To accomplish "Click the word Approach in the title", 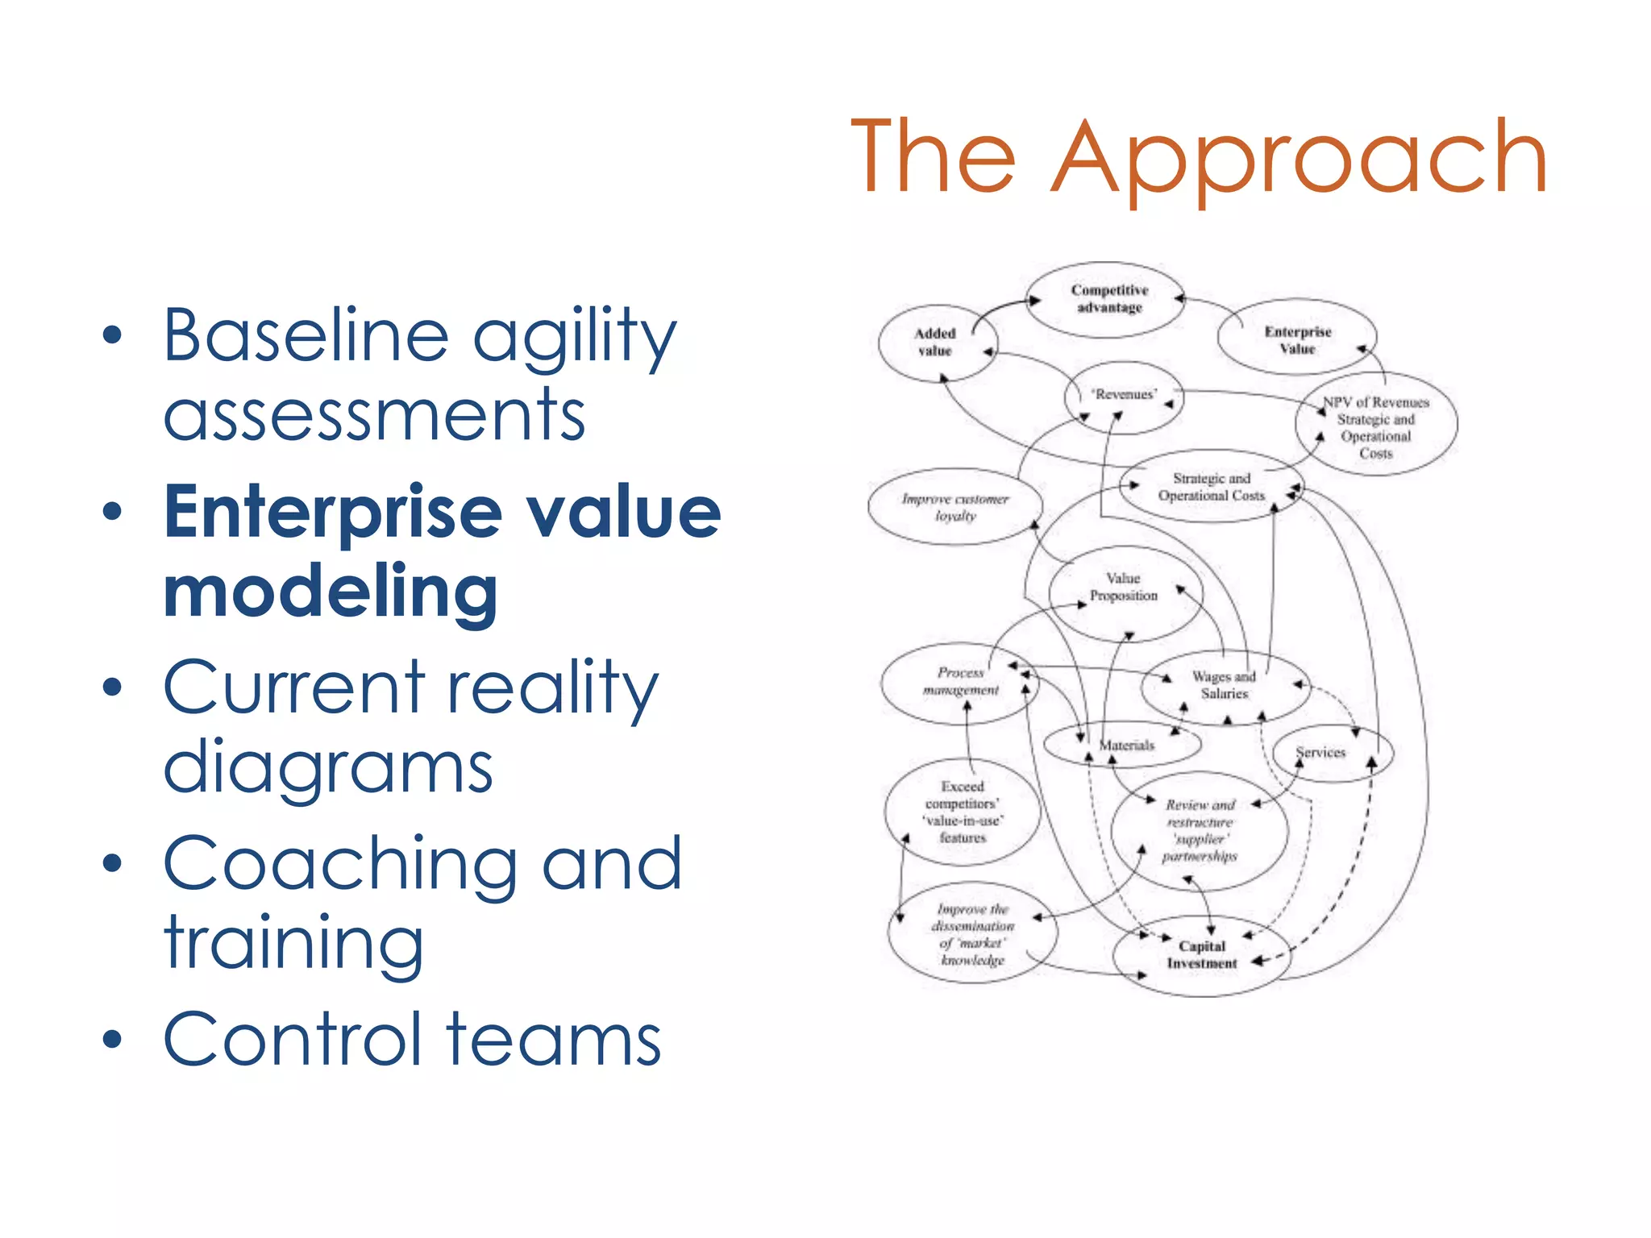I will click(x=1300, y=158).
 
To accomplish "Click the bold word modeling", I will click(x=331, y=592).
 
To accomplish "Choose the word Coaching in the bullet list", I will click(x=339, y=864).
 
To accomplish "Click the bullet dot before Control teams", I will click(x=112, y=1040).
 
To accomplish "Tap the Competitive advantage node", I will click(x=1109, y=299).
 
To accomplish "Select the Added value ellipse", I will click(x=935, y=343).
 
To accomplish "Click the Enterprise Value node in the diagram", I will click(x=1297, y=340).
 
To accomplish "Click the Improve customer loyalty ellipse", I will click(x=955, y=507).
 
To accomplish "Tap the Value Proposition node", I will click(x=1124, y=588).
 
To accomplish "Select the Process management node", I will click(x=960, y=682).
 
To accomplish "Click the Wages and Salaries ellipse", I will click(x=1224, y=685).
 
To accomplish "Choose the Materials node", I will click(x=1126, y=746).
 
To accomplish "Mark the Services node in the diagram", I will click(x=1320, y=753).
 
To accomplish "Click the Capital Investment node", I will click(x=1201, y=955).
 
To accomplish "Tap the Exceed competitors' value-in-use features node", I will click(x=963, y=812).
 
